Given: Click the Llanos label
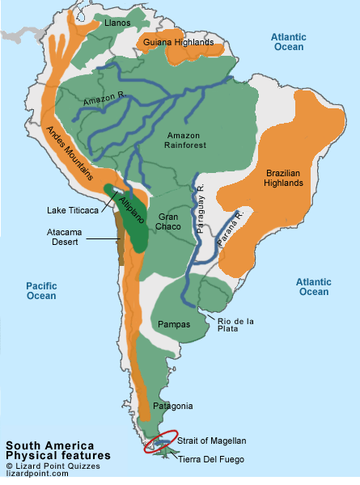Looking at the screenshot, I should pyautogui.click(x=117, y=23).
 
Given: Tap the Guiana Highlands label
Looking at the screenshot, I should pyautogui.click(x=178, y=42).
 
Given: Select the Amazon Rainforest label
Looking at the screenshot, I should pyautogui.click(x=185, y=139).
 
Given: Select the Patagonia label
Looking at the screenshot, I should pyautogui.click(x=174, y=405).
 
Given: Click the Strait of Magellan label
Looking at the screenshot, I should pyautogui.click(x=211, y=441).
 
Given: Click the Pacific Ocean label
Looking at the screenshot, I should pyautogui.click(x=40, y=290).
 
